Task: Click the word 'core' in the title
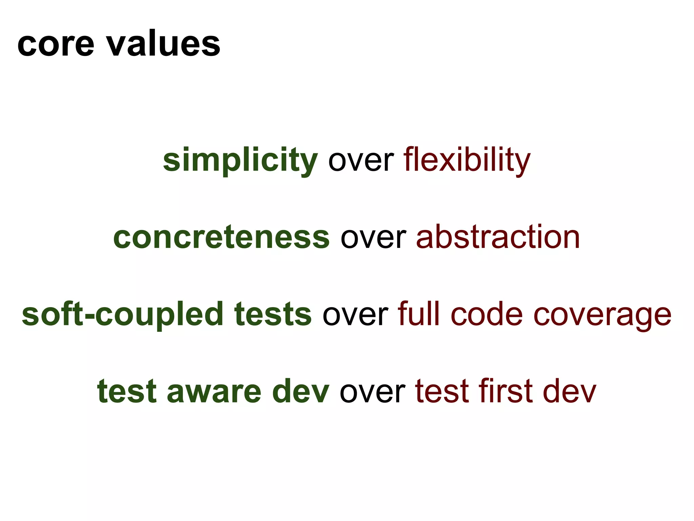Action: (56, 44)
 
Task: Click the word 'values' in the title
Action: (163, 44)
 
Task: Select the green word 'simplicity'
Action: (240, 160)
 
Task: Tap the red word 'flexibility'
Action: (466, 160)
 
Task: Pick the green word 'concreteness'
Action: (221, 237)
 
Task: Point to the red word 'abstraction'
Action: (498, 237)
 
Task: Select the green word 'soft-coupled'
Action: (122, 315)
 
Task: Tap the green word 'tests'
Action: (272, 314)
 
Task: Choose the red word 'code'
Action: (487, 314)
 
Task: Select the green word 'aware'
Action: (214, 392)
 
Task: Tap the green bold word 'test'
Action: (127, 391)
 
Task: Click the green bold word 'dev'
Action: (300, 391)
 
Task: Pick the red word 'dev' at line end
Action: (569, 391)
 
